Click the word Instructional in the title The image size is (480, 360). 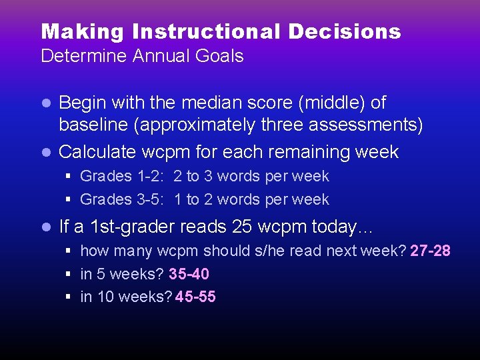(207, 31)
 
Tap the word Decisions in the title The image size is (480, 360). (345, 31)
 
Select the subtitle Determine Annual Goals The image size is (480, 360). (142, 56)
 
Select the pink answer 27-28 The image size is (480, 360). (430, 251)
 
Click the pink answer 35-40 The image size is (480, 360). (189, 274)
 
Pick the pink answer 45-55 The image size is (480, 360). (195, 297)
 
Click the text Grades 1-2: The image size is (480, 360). (124, 177)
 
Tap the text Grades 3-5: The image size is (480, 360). (124, 199)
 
